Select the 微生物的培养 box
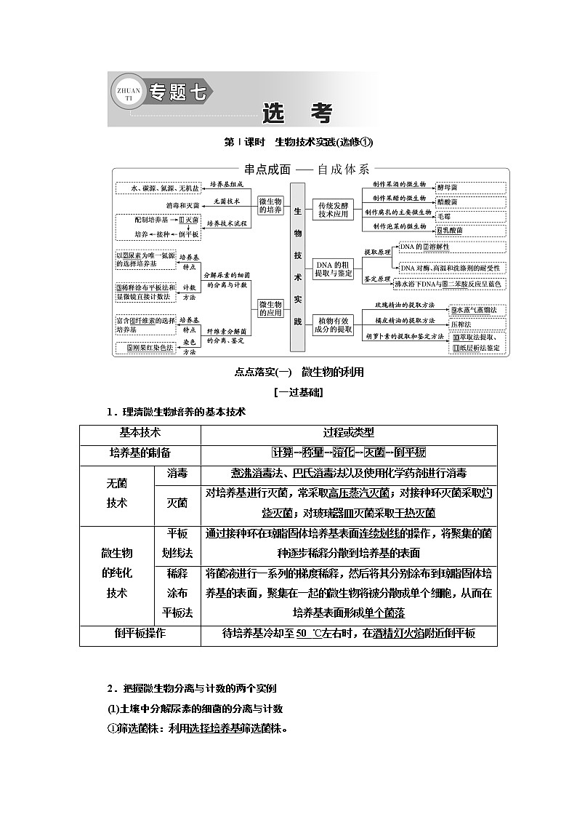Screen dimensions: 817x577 [x=270, y=205]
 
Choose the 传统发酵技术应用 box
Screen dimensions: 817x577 [x=333, y=209]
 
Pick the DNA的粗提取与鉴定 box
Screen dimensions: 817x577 [x=333, y=268]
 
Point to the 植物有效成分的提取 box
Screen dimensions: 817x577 [x=333, y=324]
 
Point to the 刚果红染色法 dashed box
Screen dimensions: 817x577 [x=150, y=348]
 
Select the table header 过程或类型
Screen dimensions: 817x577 [x=349, y=432]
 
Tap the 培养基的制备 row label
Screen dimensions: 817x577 [x=140, y=453]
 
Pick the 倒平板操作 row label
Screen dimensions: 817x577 [x=140, y=634]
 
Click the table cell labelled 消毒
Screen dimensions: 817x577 [x=177, y=474]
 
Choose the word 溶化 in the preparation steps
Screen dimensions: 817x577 [x=343, y=453]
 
